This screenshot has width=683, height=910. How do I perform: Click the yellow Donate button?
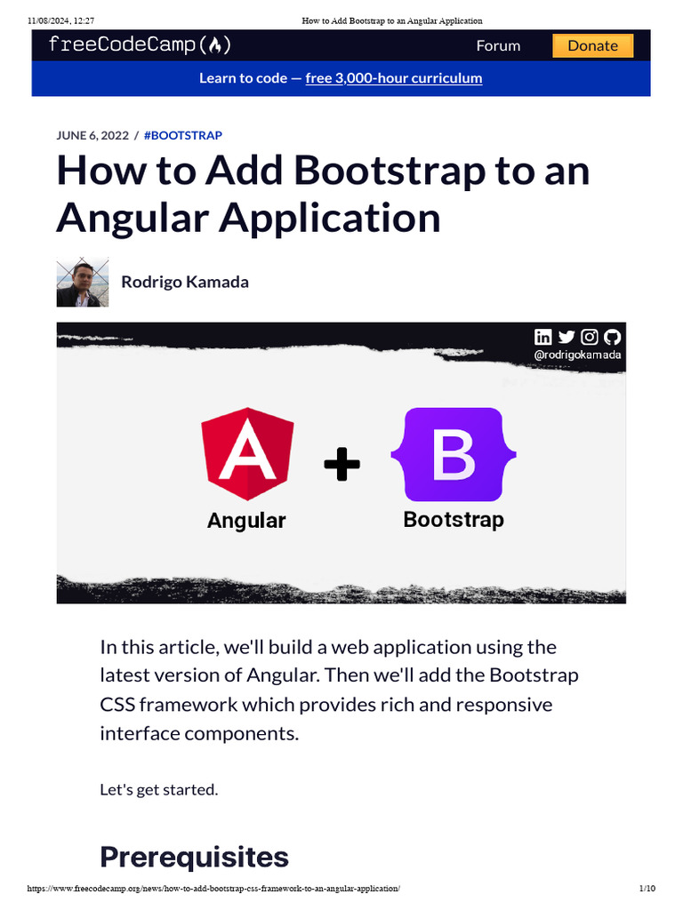tap(592, 45)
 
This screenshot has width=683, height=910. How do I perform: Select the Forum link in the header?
tap(498, 45)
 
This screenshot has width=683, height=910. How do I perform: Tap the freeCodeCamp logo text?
tap(133, 45)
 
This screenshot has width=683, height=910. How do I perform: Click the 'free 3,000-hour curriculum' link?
tap(393, 78)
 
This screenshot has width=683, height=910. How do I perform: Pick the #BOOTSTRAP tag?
tap(182, 135)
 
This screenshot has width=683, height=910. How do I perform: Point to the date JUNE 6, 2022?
tap(92, 135)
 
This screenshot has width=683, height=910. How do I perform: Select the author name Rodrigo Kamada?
tap(185, 282)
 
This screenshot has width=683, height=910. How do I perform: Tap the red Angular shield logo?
tap(247, 454)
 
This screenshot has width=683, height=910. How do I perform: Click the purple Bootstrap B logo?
tap(454, 454)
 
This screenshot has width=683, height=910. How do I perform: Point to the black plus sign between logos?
tap(341, 464)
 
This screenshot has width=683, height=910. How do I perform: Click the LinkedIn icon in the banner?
tap(543, 337)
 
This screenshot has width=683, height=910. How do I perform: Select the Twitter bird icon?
tap(566, 337)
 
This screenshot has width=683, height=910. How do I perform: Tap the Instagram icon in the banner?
tap(590, 337)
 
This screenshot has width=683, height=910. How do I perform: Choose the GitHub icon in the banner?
tap(612, 337)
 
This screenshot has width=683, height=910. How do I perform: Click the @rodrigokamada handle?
tap(577, 355)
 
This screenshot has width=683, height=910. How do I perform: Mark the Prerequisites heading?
tap(194, 857)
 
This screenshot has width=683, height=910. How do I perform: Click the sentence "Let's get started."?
tap(158, 789)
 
